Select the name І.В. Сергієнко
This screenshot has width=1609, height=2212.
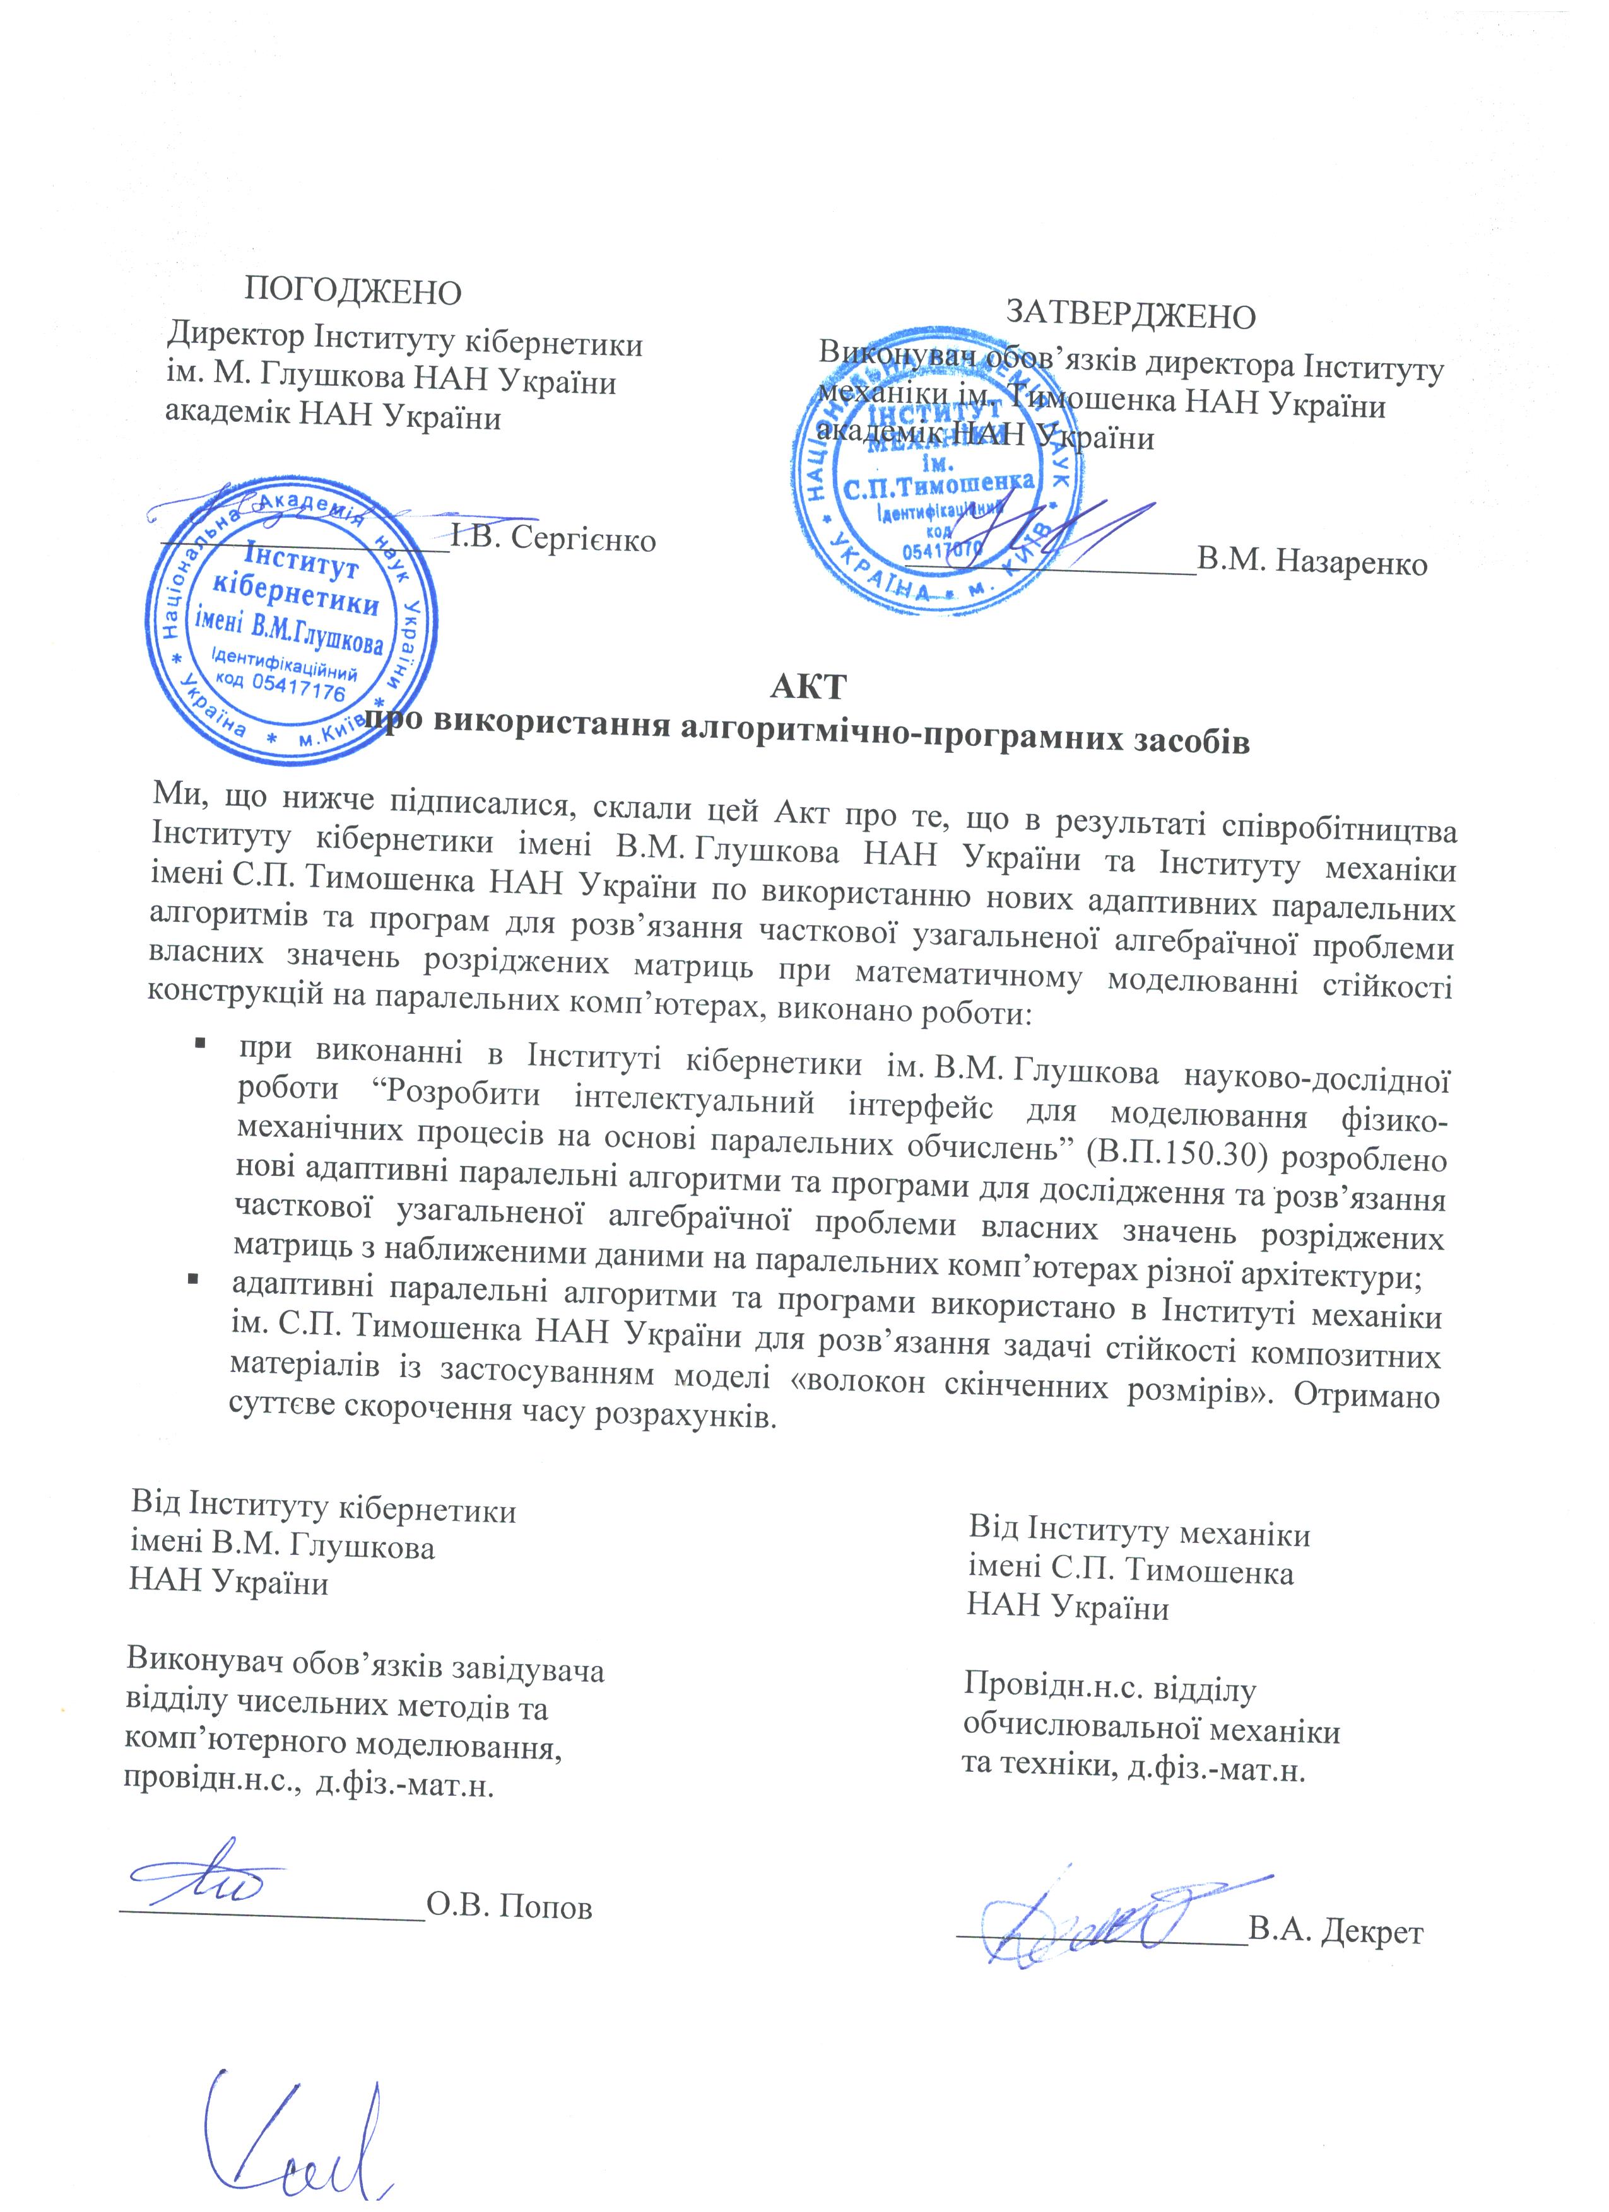point(553,539)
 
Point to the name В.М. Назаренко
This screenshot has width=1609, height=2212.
point(1312,562)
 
